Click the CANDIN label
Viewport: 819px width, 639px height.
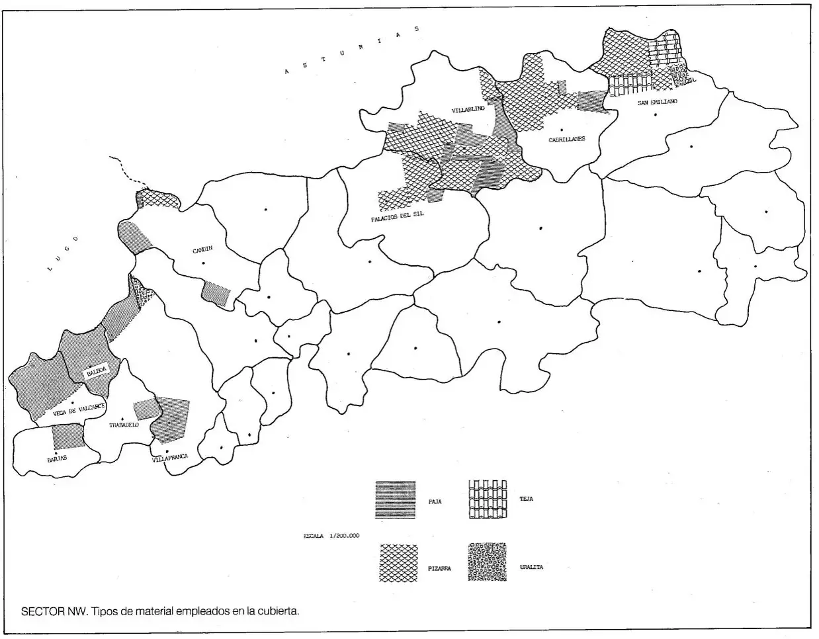(202, 250)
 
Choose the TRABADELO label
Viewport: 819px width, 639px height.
(124, 425)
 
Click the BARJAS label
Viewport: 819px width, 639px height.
(57, 457)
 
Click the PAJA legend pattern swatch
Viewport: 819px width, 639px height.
(395, 499)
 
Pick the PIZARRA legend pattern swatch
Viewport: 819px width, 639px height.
(398, 563)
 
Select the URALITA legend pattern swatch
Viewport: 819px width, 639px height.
(488, 562)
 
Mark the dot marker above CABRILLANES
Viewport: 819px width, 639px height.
(560, 130)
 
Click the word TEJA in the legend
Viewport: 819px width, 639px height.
(526, 499)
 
